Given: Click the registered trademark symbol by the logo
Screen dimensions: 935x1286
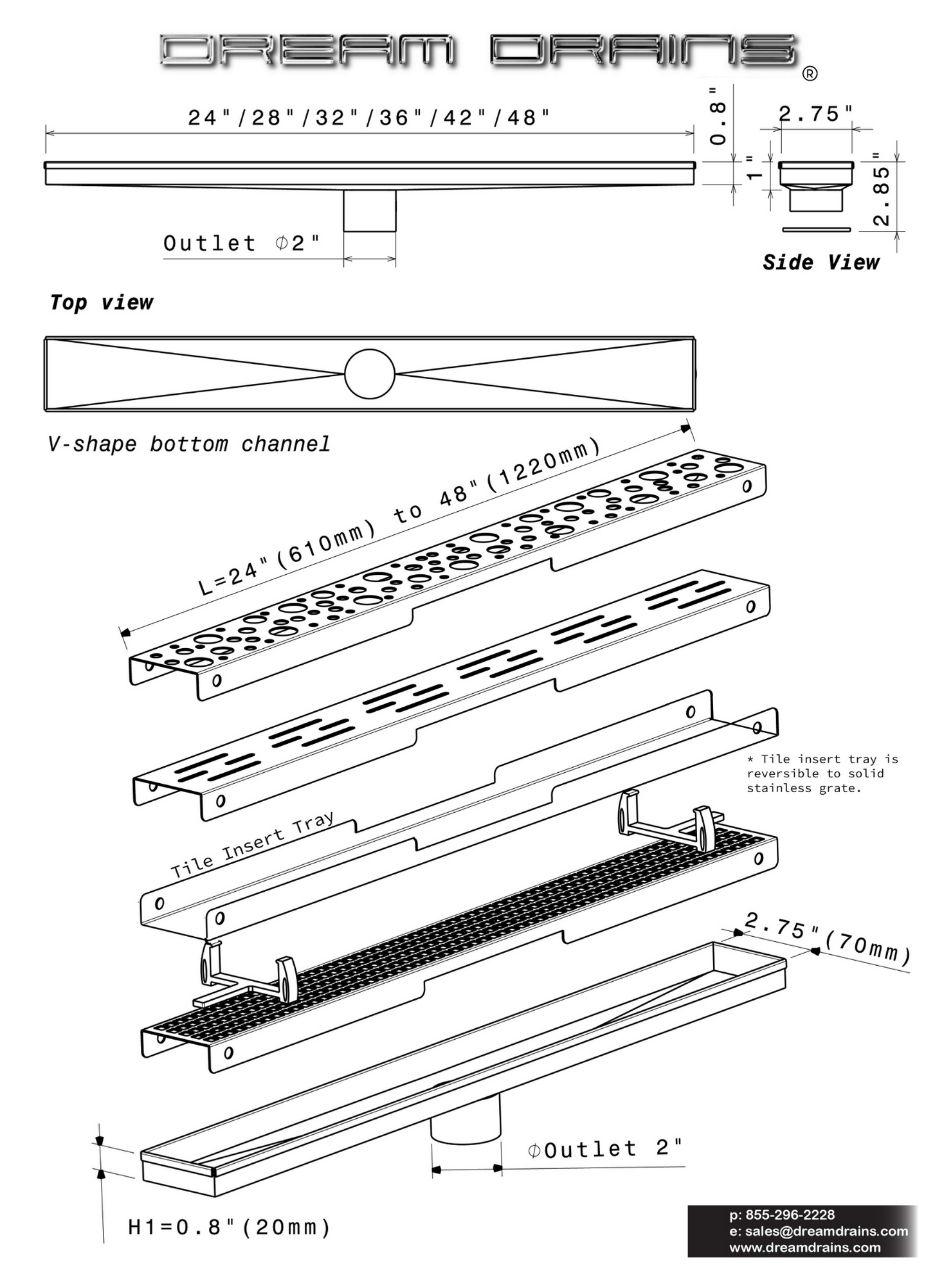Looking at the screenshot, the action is point(810,74).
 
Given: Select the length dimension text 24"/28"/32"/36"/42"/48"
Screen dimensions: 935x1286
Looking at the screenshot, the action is point(369,118).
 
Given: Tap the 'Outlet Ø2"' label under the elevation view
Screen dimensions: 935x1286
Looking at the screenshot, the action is point(241,243).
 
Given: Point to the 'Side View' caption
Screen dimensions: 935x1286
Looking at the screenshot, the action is point(821,262).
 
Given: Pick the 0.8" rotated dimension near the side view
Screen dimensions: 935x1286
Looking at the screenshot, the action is point(718,116).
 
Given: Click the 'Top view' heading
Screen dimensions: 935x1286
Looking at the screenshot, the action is point(102,302).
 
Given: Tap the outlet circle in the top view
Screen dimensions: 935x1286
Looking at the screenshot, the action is point(369,374).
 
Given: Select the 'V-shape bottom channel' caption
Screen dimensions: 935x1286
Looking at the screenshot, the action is point(189,444).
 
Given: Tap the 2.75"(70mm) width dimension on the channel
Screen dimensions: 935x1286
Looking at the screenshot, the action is point(828,939).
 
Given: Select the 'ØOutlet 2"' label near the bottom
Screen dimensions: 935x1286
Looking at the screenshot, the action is point(604,1149).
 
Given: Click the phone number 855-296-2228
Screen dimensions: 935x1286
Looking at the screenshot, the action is point(782,1215).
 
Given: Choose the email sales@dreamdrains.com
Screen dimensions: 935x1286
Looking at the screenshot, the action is point(819,1231).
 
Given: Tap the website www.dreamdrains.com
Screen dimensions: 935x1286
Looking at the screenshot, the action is point(805,1247).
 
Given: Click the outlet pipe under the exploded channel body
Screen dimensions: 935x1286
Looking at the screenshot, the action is point(466,1119).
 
